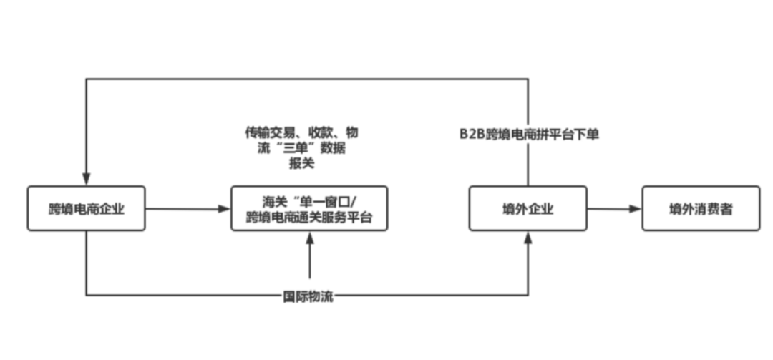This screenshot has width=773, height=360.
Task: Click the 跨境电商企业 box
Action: tap(87, 208)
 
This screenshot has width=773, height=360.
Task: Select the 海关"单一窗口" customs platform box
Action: tap(310, 208)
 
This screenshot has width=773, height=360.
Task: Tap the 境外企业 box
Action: tap(528, 208)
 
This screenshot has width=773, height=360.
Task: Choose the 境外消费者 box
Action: tap(701, 208)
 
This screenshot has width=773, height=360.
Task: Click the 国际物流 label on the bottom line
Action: tap(308, 297)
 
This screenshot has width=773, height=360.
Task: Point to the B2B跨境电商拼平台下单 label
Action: tap(530, 135)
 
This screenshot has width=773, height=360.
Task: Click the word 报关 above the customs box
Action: tap(302, 163)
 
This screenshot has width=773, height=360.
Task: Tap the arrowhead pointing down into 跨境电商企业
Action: tap(87, 179)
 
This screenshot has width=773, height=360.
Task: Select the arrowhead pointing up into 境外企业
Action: tap(528, 238)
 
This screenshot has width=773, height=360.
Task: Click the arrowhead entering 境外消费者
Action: tap(636, 208)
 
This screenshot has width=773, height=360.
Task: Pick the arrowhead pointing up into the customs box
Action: tap(310, 238)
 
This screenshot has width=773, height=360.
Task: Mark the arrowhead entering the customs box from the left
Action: tap(225, 208)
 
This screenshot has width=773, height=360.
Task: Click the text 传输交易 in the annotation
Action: tap(270, 132)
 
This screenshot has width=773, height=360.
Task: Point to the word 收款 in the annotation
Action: tap(321, 132)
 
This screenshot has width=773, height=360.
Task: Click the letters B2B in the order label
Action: tap(472, 135)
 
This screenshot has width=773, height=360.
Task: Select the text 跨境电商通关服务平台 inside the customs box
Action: tap(309, 217)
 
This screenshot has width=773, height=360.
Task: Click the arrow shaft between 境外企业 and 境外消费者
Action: tap(614, 208)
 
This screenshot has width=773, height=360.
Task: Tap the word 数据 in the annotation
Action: tap(333, 148)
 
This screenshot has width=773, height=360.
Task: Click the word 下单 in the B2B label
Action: tap(587, 135)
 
